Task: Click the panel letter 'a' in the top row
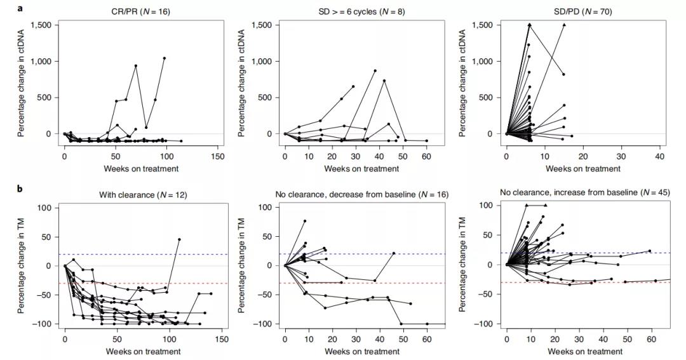click(x=22, y=8)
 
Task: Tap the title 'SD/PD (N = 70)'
click(x=582, y=11)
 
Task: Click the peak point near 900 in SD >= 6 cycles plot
click(x=375, y=70)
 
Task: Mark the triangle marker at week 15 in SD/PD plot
click(x=563, y=25)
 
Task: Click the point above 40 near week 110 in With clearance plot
click(x=179, y=239)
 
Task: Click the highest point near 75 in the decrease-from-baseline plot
click(x=305, y=221)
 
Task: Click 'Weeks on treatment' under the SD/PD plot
click(x=582, y=168)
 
